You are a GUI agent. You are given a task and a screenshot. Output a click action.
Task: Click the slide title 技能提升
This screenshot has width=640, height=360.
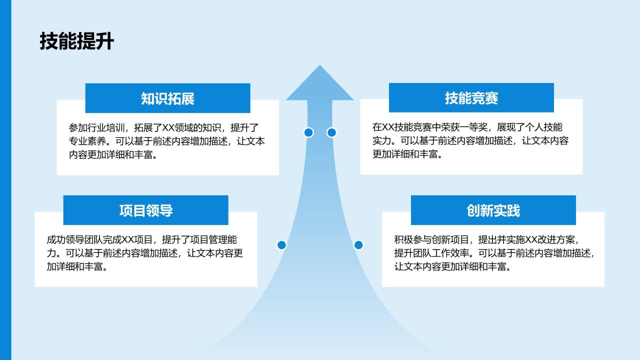[76, 42]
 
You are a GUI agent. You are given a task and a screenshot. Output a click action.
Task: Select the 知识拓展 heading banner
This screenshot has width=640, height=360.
[167, 98]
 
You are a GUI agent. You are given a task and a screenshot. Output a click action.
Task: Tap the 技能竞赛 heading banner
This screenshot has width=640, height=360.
[471, 98]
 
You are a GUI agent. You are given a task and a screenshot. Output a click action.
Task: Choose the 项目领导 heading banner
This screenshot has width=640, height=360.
[145, 210]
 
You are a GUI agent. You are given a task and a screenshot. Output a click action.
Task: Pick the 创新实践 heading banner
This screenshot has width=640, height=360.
[493, 210]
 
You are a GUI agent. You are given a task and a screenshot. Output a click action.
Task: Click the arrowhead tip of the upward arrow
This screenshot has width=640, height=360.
[319, 70]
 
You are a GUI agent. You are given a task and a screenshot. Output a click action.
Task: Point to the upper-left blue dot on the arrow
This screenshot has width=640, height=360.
[308, 132]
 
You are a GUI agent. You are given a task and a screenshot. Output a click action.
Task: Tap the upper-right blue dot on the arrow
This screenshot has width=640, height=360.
[331, 132]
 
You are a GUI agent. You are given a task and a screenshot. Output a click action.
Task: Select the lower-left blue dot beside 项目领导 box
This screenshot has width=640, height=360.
[281, 245]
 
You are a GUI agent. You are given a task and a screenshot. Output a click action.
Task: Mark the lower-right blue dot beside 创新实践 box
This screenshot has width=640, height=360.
[358, 245]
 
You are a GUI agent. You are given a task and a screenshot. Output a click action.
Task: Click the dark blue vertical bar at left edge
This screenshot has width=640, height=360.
[5, 180]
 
